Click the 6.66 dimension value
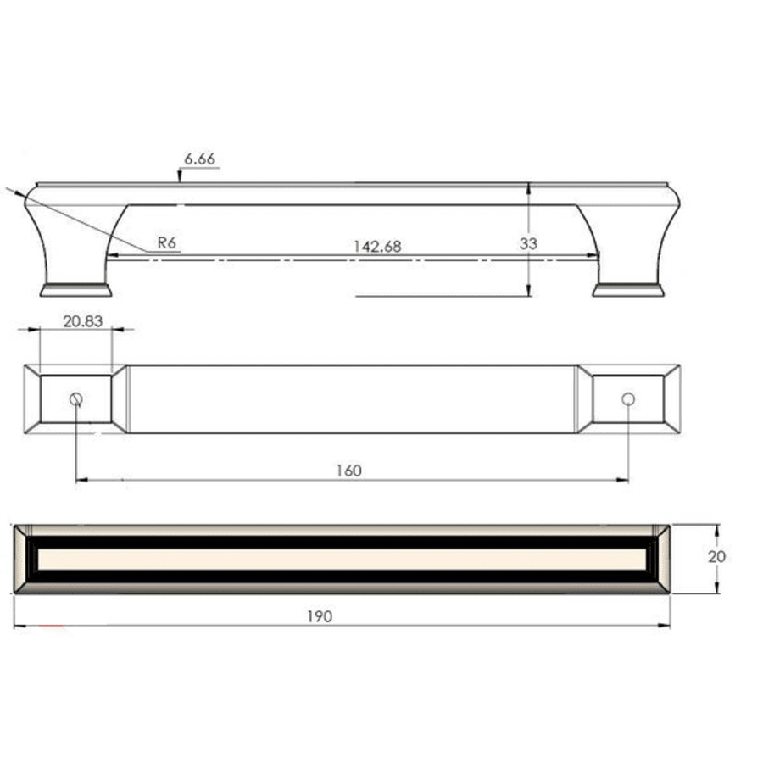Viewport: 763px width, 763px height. pyautogui.click(x=200, y=159)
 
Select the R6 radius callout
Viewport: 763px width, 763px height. pyautogui.click(x=166, y=242)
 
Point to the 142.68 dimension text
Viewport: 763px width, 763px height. pyautogui.click(x=376, y=247)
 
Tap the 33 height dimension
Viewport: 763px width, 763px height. pyautogui.click(x=528, y=243)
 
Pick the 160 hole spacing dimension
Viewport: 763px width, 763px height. pyautogui.click(x=348, y=471)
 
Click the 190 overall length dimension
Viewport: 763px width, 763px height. pyautogui.click(x=319, y=616)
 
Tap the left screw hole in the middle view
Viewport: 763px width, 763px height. pyautogui.click(x=76, y=399)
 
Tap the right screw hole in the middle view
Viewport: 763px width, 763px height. pyautogui.click(x=627, y=398)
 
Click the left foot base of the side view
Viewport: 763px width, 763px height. pyautogui.click(x=76, y=291)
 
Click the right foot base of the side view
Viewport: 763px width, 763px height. pyautogui.click(x=628, y=291)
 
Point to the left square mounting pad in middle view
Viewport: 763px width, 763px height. pyautogui.click(x=76, y=398)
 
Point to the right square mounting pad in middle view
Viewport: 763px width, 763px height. pyautogui.click(x=627, y=398)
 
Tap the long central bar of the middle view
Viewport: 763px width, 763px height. pyautogui.click(x=352, y=399)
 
